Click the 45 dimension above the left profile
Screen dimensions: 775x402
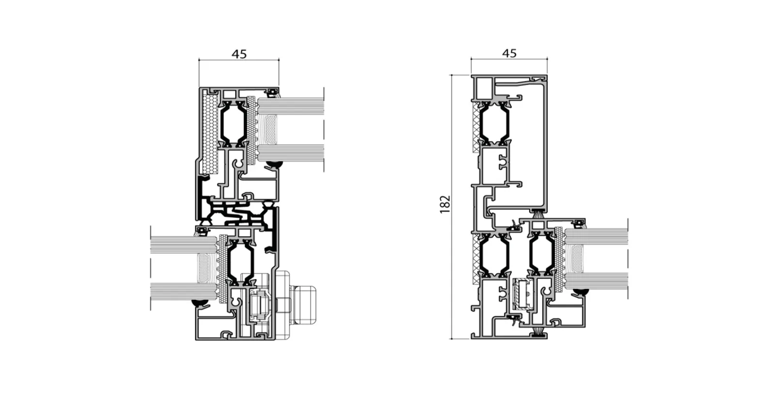click(239, 54)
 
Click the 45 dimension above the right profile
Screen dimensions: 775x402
click(509, 53)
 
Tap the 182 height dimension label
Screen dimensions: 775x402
click(445, 204)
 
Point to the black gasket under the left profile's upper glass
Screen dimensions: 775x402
click(274, 164)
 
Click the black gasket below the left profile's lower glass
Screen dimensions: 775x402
click(201, 303)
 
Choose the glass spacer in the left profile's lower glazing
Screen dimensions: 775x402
click(203, 268)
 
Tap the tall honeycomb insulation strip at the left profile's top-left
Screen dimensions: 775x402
click(210, 133)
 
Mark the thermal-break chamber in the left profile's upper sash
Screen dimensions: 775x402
click(233, 124)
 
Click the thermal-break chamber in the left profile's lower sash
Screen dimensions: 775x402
click(240, 262)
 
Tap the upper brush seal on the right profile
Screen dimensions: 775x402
click(538, 215)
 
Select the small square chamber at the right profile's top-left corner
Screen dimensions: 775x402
click(484, 89)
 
